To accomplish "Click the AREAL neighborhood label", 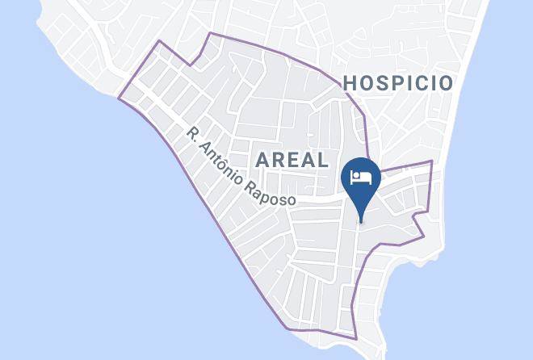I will (292, 159).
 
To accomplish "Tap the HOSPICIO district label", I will (397, 82).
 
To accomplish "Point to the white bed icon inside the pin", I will (361, 175).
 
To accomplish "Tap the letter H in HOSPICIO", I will (350, 82).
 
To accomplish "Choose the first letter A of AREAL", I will (262, 159).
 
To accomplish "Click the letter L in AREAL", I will (322, 159).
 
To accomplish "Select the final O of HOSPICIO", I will (444, 82).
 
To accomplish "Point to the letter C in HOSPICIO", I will (416, 82).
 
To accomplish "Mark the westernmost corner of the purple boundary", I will (119, 99).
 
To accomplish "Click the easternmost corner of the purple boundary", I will (432, 161).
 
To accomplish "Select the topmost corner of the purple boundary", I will (210, 33).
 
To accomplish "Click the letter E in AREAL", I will (292, 159).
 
